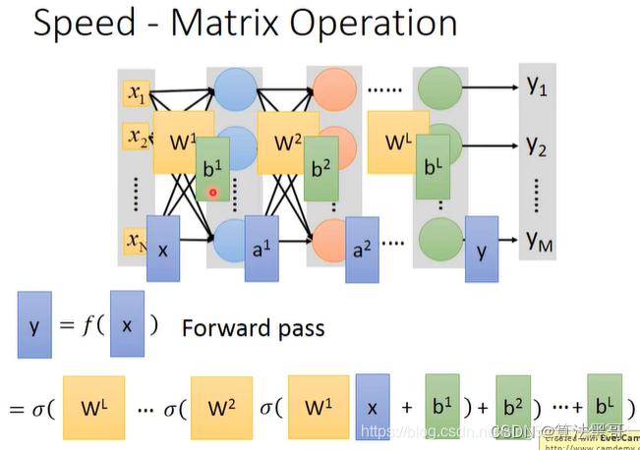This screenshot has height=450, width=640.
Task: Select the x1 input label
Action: [135, 94]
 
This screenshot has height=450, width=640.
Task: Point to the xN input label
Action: [134, 239]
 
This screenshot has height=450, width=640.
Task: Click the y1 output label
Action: [537, 87]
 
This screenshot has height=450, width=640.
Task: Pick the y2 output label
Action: [537, 147]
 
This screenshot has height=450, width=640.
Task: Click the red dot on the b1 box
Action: [212, 193]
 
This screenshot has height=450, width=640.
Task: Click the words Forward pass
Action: [253, 327]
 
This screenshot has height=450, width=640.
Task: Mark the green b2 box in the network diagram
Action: [321, 168]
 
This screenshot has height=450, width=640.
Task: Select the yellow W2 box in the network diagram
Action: [288, 141]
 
